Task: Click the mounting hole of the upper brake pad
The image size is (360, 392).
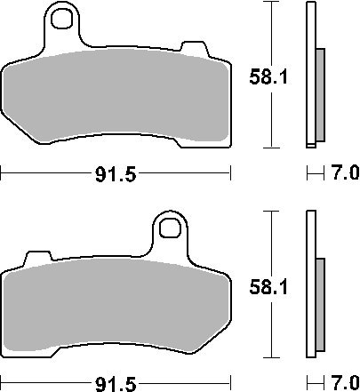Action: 61,19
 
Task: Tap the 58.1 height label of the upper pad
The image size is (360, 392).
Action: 268,77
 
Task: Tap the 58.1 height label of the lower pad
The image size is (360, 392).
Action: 268,287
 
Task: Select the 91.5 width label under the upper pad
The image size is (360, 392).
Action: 116,174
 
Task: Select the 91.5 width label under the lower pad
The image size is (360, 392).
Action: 116,384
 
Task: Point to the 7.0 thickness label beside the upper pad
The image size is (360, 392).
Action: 345,172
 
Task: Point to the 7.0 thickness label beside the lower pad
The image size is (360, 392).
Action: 345,383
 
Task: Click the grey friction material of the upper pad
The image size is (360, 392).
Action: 116,95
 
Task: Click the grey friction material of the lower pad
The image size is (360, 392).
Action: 116,304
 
